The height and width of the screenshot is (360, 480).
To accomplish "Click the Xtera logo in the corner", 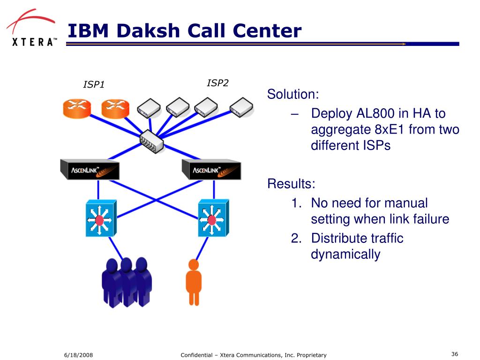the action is (31, 28).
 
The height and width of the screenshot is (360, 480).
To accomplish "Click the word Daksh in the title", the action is (148, 30).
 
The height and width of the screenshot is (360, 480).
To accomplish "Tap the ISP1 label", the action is (94, 84).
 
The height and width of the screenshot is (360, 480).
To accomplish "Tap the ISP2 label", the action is (217, 83).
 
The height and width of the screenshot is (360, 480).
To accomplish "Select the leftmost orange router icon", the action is (77, 108).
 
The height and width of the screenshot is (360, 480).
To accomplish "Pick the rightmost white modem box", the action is (241, 107).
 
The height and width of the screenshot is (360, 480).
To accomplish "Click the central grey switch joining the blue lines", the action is (151, 141).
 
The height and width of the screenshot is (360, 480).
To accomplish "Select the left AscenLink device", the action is (90, 169).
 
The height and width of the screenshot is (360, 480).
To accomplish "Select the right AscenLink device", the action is (211, 169).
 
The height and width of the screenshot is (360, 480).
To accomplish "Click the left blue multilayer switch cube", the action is (101, 218).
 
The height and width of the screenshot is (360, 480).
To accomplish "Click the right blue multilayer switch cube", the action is (213, 218).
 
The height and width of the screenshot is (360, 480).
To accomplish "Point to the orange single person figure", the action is (194, 282).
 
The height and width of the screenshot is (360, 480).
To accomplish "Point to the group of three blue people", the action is (127, 282).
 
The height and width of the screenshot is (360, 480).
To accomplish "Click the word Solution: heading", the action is (293, 94).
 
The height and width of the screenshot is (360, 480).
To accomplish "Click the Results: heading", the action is (291, 184).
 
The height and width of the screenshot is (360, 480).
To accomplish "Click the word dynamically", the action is (345, 255).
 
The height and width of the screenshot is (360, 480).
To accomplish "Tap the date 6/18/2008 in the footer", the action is (78, 355).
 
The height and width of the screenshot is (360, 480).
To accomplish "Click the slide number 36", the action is (455, 354).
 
